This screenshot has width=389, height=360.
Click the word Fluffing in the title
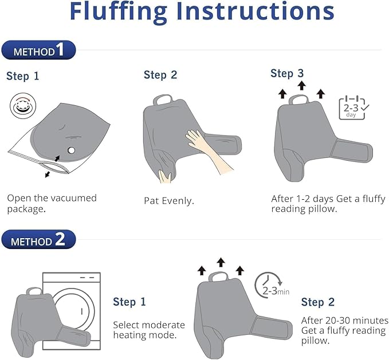point(119,12)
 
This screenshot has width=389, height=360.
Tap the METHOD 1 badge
point(38,50)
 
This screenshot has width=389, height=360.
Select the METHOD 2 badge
point(38,239)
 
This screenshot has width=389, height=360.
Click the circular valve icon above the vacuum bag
point(23,106)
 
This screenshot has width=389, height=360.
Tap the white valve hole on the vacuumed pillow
point(71,150)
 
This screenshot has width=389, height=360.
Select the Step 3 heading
point(287,74)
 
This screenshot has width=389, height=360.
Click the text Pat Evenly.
point(169,200)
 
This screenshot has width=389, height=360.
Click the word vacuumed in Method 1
point(74,198)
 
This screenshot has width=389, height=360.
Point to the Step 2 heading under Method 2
point(318,302)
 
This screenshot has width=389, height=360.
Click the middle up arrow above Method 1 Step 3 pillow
point(301,85)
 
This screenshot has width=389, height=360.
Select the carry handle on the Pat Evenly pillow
point(163,100)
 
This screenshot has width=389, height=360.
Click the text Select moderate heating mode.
point(149,330)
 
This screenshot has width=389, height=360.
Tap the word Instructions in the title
point(256,12)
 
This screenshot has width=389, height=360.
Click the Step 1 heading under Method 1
point(22,76)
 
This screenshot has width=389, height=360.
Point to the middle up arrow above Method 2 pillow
point(221,262)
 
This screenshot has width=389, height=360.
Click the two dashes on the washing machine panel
point(87,278)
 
